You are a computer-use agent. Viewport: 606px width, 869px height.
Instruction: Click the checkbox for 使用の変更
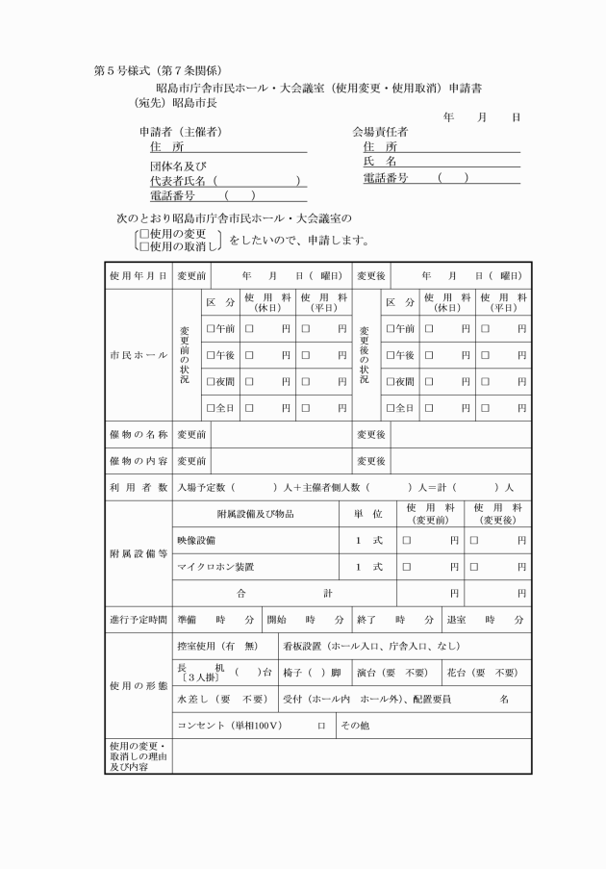(x=143, y=234)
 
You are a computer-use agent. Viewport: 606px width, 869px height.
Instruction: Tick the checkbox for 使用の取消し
(x=143, y=246)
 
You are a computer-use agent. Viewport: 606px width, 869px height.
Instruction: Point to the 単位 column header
(x=368, y=514)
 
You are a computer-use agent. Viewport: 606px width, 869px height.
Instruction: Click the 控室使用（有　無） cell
(x=222, y=646)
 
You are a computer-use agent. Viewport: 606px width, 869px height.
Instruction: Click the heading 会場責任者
(x=380, y=131)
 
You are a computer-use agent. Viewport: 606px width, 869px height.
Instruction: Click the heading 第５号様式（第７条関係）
(x=158, y=70)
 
